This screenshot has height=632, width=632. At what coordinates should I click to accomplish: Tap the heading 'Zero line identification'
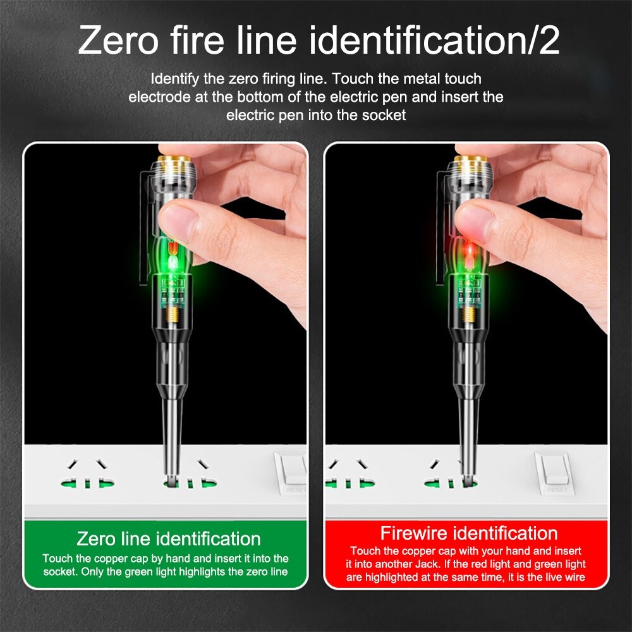click(x=169, y=538)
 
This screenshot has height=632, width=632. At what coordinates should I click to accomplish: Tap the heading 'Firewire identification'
click(x=468, y=532)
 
